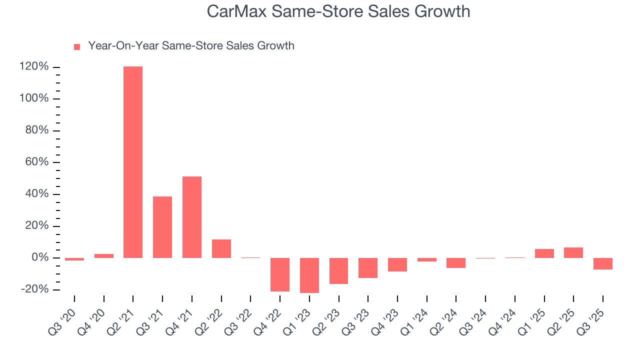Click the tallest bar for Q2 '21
point(133,162)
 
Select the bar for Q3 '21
point(162,227)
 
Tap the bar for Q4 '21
point(192,217)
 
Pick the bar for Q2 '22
point(221,248)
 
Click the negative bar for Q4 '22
point(280,274)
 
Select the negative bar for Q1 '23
point(309,275)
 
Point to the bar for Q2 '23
point(338,271)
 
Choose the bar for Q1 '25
point(544,253)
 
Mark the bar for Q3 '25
point(603,264)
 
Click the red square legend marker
point(77,46)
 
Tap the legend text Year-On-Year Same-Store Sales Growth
point(191,46)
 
